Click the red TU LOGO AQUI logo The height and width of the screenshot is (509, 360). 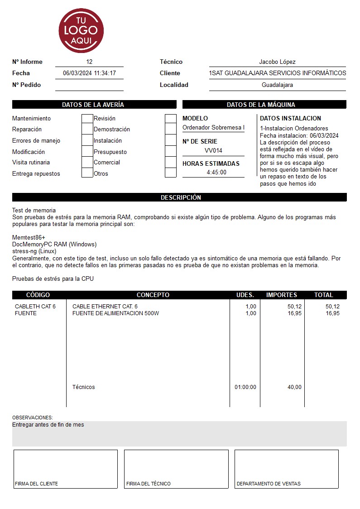[x=81, y=31]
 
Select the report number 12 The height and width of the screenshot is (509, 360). [x=89, y=62]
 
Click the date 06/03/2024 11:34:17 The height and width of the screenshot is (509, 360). [x=89, y=73]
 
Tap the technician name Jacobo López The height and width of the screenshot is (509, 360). [x=277, y=62]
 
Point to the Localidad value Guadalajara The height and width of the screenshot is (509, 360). [x=277, y=85]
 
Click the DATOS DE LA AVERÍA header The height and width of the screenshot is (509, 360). [x=93, y=105]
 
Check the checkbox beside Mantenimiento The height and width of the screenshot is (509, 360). [x=87, y=119]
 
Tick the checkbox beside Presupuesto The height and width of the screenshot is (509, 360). [x=170, y=152]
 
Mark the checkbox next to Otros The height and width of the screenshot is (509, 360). [x=170, y=173]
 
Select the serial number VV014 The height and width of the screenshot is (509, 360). [x=213, y=151]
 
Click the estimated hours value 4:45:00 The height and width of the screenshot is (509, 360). [x=216, y=173]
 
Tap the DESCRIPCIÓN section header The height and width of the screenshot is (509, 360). [x=180, y=197]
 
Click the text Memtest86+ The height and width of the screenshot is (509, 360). [x=29, y=238]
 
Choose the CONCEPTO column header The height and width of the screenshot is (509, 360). [x=153, y=295]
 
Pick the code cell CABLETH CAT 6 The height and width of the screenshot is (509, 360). [x=35, y=307]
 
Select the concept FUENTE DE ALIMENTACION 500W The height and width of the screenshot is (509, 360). [x=115, y=313]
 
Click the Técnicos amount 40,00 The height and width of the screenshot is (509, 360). [x=294, y=387]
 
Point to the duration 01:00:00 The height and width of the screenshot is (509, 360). [x=245, y=387]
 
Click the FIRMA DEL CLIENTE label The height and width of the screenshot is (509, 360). [x=36, y=484]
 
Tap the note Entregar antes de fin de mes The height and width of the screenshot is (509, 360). [x=48, y=425]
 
